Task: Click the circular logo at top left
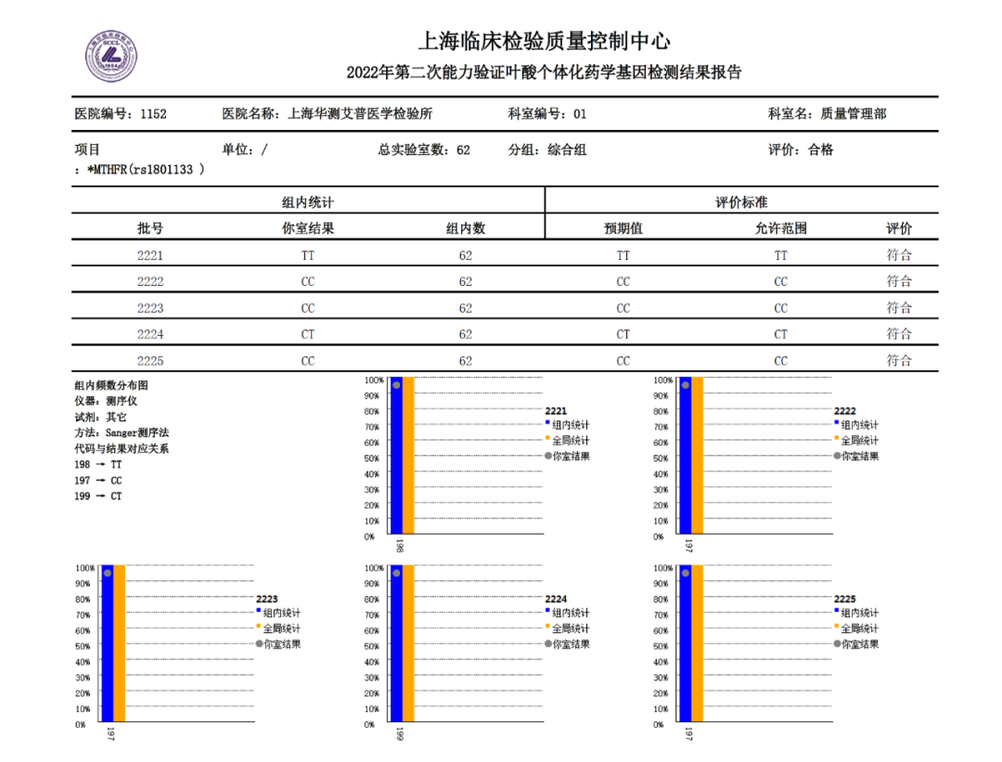(111, 56)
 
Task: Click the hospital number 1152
(153, 114)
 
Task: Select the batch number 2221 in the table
(150, 255)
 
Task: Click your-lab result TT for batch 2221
(308, 255)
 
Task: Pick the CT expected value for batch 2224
(623, 334)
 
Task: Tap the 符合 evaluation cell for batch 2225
(898, 361)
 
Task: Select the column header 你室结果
(308, 228)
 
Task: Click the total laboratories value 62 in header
(463, 149)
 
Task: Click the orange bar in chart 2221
(408, 455)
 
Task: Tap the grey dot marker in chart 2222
(686, 384)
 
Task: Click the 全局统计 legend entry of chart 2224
(571, 628)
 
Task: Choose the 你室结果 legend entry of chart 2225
(860, 644)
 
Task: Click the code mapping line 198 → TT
(98, 464)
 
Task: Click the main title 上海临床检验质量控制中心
(545, 42)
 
